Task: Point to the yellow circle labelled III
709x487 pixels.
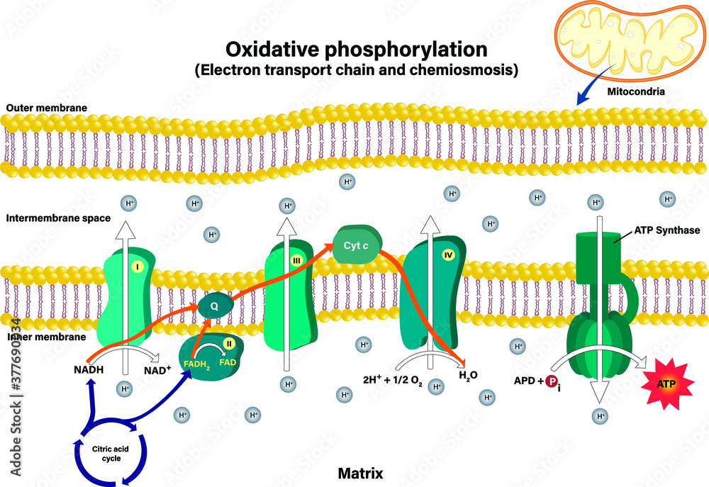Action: click(x=296, y=261)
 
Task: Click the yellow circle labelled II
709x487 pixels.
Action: click(x=229, y=344)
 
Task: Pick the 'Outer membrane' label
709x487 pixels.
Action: click(x=47, y=108)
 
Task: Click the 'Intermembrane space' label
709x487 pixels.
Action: click(x=58, y=218)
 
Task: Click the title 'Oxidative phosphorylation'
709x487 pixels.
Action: click(x=356, y=50)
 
